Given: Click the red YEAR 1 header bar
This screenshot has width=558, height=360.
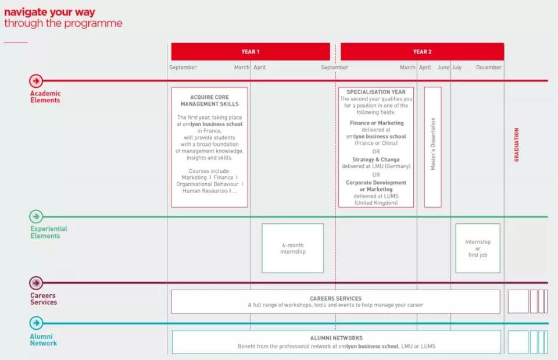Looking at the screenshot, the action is click(251, 52).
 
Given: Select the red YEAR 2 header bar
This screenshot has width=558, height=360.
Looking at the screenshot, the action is click(422, 52).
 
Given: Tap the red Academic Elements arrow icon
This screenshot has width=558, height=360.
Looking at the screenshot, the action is click(36, 81).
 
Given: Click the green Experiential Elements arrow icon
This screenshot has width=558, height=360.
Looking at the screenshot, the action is click(36, 216).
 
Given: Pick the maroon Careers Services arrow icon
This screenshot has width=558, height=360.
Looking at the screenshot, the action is click(36, 283).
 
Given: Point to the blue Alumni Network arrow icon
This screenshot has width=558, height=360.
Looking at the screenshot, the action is click(36, 323).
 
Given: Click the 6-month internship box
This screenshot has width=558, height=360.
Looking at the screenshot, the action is click(292, 248).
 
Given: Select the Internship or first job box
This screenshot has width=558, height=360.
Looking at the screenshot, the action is click(478, 248).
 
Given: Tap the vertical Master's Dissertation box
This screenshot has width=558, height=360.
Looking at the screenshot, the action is click(432, 147).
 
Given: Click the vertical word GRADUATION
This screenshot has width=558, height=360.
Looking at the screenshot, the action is click(516, 145).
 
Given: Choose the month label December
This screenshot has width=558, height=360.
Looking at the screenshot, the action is click(489, 67).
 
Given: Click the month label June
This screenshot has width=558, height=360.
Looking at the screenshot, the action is click(443, 67).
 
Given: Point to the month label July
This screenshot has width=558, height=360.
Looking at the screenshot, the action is click(457, 67).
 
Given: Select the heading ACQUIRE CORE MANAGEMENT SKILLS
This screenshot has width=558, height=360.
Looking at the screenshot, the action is click(210, 101).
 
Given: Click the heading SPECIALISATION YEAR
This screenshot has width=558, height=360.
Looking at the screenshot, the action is click(376, 92).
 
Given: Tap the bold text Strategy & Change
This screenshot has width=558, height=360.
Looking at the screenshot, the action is click(376, 159).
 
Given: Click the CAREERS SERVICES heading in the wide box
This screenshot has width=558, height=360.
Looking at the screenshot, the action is click(335, 298).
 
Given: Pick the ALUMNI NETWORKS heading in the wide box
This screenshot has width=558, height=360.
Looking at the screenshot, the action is click(337, 338).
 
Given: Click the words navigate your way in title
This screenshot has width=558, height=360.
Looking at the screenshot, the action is click(49, 12).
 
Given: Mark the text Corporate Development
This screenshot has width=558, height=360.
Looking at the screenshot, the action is click(376, 183).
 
